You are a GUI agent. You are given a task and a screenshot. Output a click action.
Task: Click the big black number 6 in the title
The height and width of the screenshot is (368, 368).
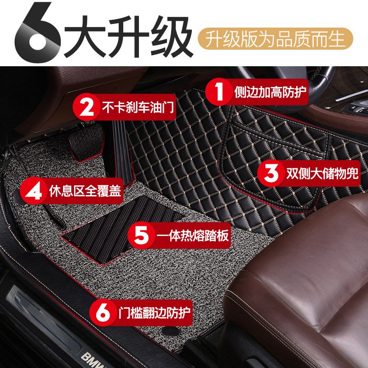38,33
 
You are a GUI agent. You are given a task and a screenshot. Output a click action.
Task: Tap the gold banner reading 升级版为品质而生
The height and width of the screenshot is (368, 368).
275,39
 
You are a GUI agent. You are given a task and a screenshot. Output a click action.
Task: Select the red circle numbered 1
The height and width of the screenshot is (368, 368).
219,92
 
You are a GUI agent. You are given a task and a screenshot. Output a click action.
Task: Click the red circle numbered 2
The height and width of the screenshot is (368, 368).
86,107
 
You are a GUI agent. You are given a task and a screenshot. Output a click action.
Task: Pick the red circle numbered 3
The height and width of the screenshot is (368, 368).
271,173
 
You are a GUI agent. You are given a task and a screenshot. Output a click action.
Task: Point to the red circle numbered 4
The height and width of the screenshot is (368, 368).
34,190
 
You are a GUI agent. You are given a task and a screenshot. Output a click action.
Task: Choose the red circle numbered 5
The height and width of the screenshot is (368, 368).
142,235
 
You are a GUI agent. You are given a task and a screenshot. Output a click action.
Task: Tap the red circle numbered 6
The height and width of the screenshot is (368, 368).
103,312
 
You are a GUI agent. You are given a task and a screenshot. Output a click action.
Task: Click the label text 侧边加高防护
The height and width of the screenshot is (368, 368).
270,92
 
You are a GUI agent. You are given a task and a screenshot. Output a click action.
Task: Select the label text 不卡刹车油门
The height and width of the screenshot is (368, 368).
138,107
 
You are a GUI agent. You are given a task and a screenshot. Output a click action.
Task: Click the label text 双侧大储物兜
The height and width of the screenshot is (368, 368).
322,173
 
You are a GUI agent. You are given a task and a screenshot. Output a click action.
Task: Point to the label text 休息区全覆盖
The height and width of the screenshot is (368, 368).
85,191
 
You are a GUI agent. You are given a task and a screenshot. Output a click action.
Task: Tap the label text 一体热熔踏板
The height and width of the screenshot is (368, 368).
193,235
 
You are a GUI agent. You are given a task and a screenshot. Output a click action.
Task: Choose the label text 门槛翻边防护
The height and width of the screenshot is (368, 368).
154,313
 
